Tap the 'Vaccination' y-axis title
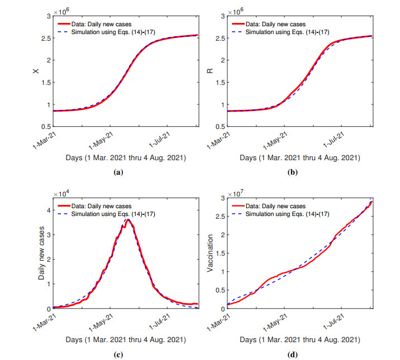pyautogui.click(x=210, y=253)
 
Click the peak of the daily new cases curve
pyautogui.click(x=128, y=220)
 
